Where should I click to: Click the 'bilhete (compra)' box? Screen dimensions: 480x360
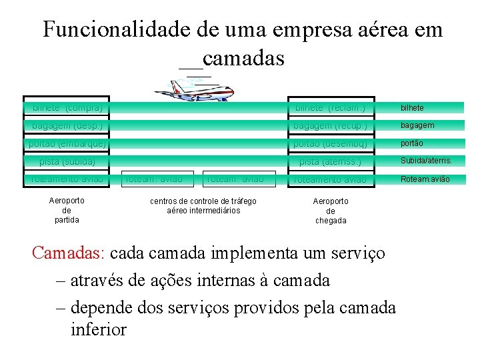[x=67, y=107]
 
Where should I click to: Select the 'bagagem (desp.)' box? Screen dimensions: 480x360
[x=67, y=125]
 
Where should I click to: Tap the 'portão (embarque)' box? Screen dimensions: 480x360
[x=67, y=143]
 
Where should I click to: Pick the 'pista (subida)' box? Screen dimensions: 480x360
[x=67, y=161]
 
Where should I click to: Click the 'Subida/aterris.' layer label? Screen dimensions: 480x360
[x=426, y=161]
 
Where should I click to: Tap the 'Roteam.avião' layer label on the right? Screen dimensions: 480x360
[x=425, y=179]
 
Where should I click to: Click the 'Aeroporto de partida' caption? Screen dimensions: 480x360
[x=67, y=209]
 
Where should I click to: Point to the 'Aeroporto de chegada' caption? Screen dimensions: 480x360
[x=331, y=211]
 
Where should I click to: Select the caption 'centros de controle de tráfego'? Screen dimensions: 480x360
[x=203, y=201]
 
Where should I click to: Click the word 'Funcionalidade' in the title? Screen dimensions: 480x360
[x=117, y=30]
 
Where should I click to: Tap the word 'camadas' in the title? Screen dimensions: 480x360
[x=243, y=59]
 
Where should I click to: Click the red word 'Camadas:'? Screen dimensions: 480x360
[x=69, y=254]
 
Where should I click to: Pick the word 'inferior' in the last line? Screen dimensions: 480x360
[x=98, y=329]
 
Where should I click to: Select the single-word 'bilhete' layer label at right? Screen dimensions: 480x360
[x=412, y=107]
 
